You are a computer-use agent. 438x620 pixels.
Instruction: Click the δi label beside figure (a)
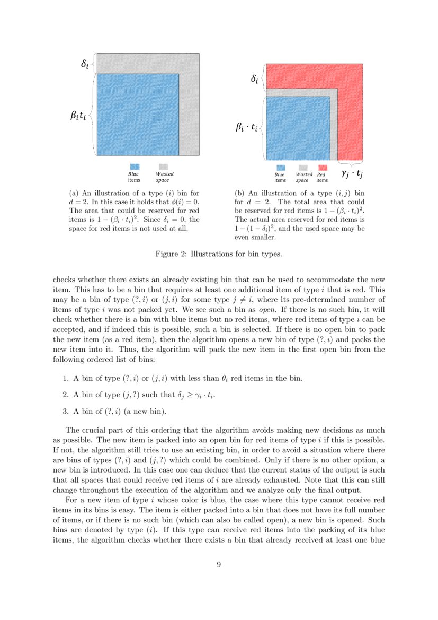[84, 64]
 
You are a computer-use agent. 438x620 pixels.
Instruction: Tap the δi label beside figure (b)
[255, 79]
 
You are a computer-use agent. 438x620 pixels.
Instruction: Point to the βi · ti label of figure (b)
[246, 128]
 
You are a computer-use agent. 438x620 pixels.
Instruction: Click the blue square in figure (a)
[138, 114]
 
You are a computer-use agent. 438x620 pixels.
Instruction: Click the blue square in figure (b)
[298, 128]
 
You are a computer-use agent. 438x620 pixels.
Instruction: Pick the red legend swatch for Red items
[321, 167]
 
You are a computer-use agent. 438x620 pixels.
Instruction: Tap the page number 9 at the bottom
[219, 564]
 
